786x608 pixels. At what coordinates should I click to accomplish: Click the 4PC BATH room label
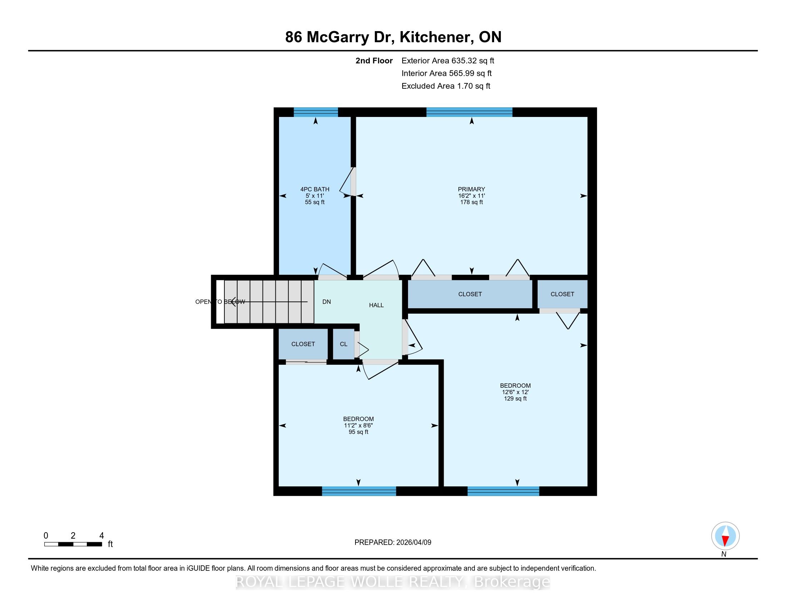(x=314, y=189)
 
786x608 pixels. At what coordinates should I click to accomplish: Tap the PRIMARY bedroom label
(x=472, y=189)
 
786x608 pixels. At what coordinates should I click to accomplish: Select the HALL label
(x=377, y=305)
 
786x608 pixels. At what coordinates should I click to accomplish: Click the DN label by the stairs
(x=327, y=302)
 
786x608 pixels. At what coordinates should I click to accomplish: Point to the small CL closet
(x=344, y=344)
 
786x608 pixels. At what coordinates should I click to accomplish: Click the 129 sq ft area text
(x=515, y=399)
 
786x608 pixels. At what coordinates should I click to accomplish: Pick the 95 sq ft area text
(x=358, y=432)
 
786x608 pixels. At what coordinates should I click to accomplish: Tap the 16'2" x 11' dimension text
(x=472, y=196)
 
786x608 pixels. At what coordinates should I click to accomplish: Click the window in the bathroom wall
(x=315, y=112)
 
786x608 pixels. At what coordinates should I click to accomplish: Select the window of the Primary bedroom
(x=469, y=112)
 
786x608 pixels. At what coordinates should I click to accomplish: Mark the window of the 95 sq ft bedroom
(x=359, y=491)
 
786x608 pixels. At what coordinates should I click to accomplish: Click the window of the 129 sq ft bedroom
(x=503, y=491)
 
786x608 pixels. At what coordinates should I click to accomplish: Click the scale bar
(x=73, y=544)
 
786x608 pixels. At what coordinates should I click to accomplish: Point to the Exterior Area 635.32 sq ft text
(x=448, y=61)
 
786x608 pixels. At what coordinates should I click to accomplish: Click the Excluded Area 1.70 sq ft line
(x=446, y=86)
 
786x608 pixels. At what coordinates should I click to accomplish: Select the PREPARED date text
(x=393, y=543)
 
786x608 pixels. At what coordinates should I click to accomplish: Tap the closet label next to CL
(x=303, y=344)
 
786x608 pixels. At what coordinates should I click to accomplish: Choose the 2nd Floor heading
(x=374, y=61)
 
